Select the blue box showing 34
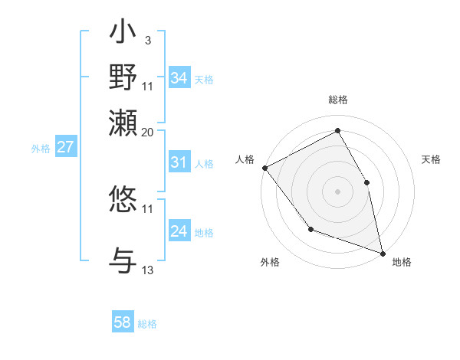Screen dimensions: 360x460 (179, 78)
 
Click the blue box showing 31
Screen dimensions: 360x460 (179, 162)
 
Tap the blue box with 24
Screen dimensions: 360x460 (179, 231)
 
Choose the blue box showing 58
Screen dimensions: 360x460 (122, 322)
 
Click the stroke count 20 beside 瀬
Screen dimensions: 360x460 (148, 132)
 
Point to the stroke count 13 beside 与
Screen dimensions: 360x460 (148, 270)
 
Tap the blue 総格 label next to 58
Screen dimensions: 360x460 (147, 324)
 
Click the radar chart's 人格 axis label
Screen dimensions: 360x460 (245, 159)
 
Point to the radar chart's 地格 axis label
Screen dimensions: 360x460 (402, 262)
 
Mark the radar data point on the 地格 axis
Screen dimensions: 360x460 (383, 253)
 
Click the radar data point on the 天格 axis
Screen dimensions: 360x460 (366, 182)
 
